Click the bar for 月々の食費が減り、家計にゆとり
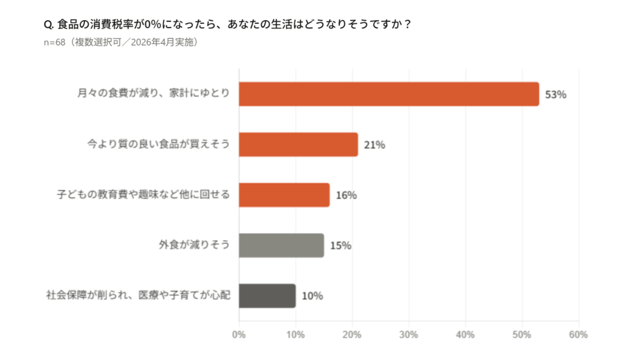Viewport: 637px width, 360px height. click(x=389, y=94)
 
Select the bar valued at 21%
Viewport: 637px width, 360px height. click(x=298, y=144)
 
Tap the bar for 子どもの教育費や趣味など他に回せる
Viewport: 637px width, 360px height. click(x=284, y=195)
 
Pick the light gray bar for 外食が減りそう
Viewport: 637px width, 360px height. click(x=281, y=245)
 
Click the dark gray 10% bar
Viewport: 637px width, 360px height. click(x=267, y=296)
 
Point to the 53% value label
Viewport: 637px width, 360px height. click(x=556, y=95)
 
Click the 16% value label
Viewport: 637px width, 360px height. click(x=346, y=195)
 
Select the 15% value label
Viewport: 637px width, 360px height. click(x=340, y=246)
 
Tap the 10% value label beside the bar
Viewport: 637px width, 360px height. click(x=312, y=296)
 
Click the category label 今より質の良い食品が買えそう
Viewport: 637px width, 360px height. click(x=158, y=144)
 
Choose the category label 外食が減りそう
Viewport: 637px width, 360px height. click(x=194, y=245)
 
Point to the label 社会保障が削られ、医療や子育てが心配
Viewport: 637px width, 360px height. click(x=139, y=296)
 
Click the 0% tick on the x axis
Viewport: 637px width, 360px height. click(x=239, y=335)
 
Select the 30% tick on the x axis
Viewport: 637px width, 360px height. click(x=409, y=335)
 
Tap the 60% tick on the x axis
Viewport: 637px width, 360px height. click(x=578, y=335)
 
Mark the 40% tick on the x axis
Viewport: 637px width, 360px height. click(x=466, y=335)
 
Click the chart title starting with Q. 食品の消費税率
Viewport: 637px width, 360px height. click(x=228, y=25)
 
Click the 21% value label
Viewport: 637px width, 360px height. click(x=374, y=145)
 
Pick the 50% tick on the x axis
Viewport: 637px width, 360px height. click(x=522, y=335)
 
